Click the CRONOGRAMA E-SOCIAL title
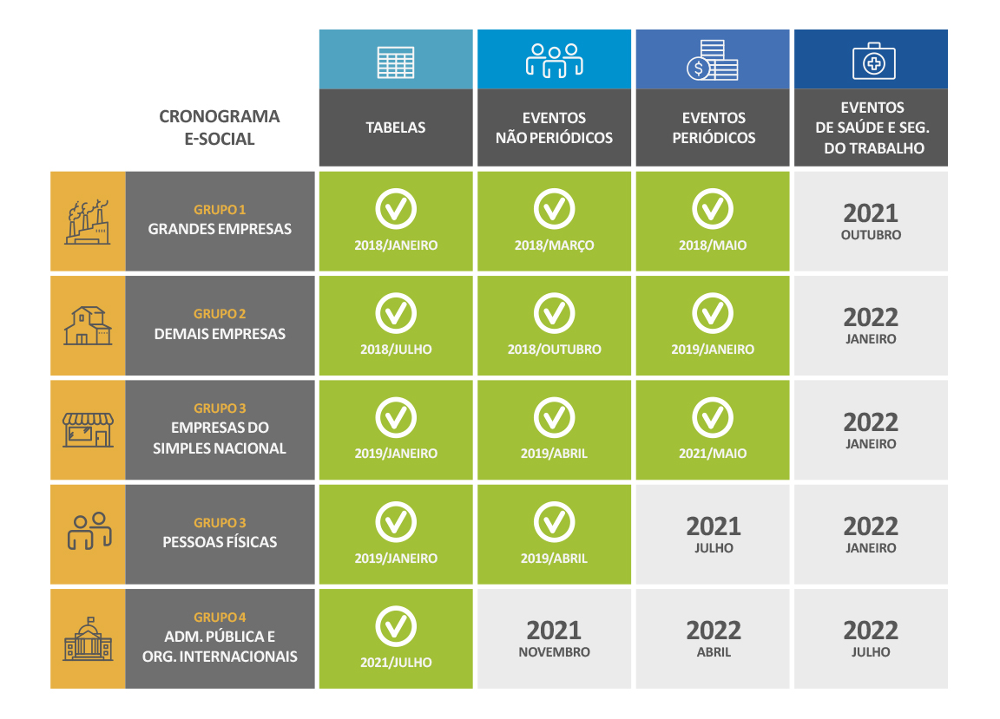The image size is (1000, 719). tap(220, 127)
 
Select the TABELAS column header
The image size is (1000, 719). tap(396, 127)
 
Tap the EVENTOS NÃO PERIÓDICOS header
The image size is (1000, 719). tap(554, 127)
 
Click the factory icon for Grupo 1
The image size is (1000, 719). tap(88, 222)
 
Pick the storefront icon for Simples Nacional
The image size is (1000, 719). tap(88, 429)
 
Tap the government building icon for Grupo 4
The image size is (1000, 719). tap(88, 639)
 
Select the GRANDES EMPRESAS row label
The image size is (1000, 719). tap(220, 230)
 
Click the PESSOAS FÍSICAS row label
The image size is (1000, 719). tap(220, 542)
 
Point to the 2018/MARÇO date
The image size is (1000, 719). tap(554, 245)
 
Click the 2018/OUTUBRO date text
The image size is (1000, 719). tap(554, 350)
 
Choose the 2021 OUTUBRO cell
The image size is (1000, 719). tap(871, 220)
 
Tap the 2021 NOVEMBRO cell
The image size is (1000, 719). tap(554, 638)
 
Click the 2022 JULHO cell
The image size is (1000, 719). tap(871, 638)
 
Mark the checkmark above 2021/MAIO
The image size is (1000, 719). tap(713, 418)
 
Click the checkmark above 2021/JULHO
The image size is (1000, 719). tap(396, 627)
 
